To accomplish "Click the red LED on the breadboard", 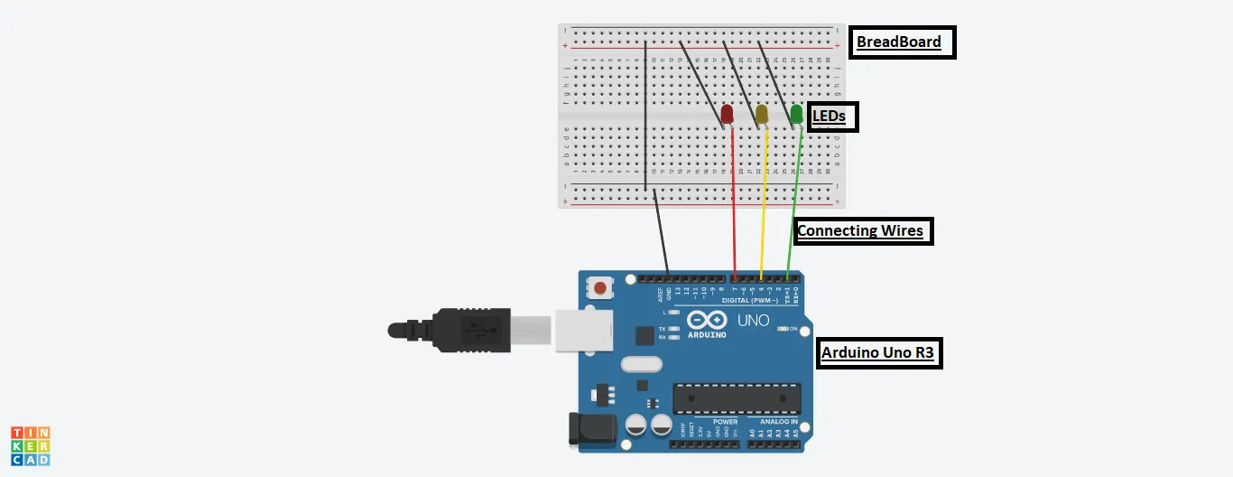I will coord(727,115).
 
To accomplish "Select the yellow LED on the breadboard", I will coord(762,115).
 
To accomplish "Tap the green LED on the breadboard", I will coord(796,115).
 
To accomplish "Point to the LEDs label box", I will coord(831,117).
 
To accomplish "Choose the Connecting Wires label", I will coord(861,231).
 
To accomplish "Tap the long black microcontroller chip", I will coord(737,398).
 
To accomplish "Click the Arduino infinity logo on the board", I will coord(707,321).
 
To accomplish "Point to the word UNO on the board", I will coord(754,321).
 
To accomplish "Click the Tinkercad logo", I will coord(30,446).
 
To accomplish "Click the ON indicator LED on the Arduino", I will coord(783,329).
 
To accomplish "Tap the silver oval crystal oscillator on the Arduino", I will coord(642,365).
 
